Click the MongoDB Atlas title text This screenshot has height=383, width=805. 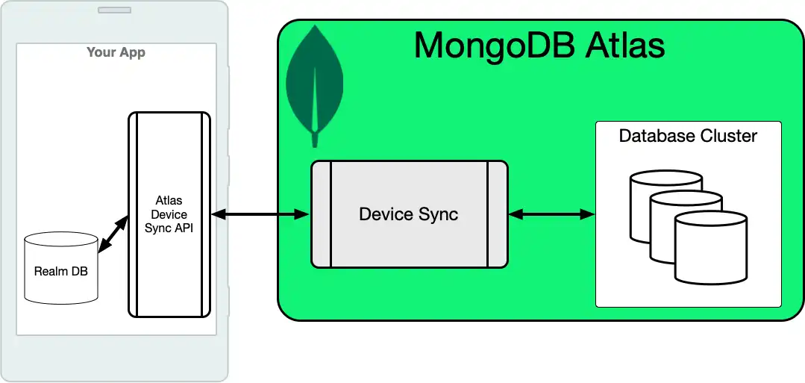pos(539,46)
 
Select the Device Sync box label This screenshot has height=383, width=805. pos(408,215)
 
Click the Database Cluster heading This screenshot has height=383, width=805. pos(688,136)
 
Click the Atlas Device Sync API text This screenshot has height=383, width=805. pos(169,215)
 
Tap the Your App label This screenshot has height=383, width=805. pos(116,52)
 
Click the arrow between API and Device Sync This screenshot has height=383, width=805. pos(260,215)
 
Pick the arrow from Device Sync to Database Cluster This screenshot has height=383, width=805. pos(551,215)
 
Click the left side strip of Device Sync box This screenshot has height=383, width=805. pos(321,215)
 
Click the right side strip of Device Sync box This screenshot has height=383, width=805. pos(498,215)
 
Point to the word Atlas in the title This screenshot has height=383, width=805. pos(625,46)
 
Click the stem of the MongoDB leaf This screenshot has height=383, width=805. pos(316,137)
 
